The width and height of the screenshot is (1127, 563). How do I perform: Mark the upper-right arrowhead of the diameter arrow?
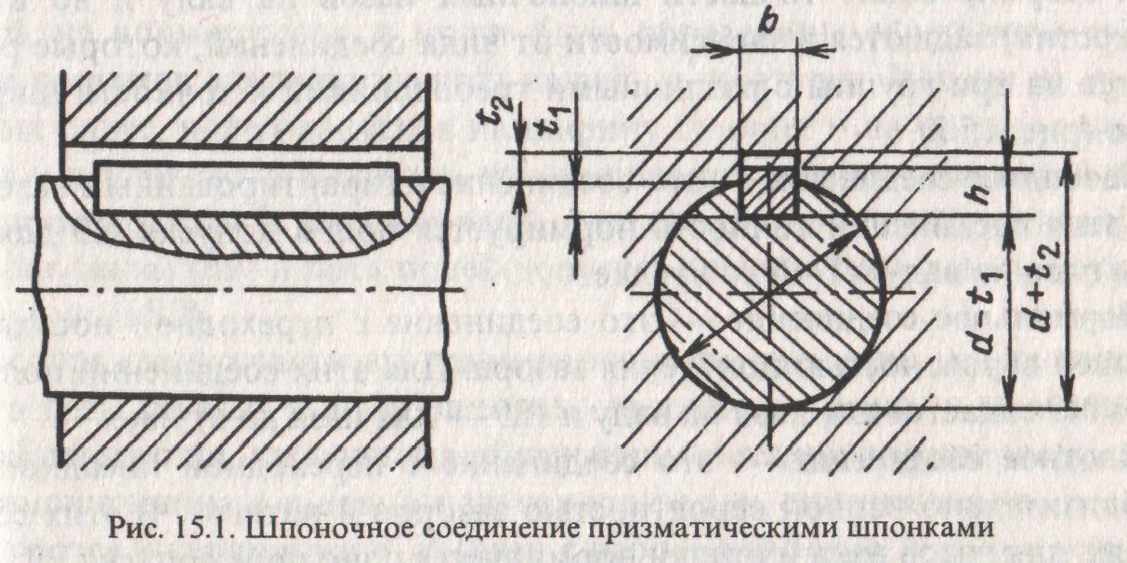pyautogui.click(x=849, y=238)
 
